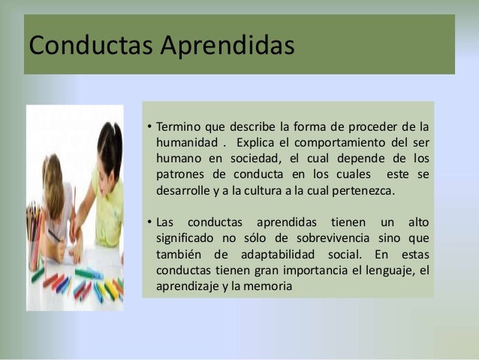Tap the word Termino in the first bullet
(x=178, y=125)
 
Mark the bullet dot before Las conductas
(x=149, y=222)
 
